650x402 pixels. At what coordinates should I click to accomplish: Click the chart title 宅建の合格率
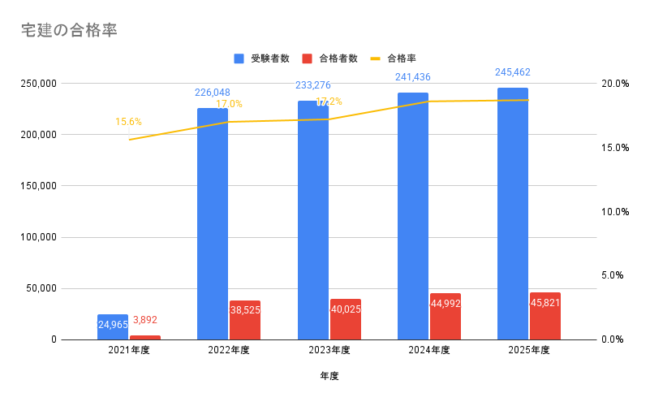[71, 30]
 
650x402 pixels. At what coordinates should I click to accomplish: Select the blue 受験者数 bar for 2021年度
[113, 326]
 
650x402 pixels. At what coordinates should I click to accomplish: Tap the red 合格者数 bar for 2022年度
[245, 320]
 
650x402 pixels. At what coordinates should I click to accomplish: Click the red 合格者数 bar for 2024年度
[446, 317]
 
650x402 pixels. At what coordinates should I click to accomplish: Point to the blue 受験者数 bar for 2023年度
[313, 219]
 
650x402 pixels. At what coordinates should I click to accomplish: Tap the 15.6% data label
[128, 122]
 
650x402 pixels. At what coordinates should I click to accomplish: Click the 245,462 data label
[513, 72]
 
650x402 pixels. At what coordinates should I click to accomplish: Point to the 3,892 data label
[145, 320]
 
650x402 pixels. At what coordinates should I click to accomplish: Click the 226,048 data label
[213, 93]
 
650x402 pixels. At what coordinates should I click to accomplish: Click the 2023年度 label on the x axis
[329, 350]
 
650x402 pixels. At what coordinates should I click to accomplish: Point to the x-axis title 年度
[329, 376]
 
